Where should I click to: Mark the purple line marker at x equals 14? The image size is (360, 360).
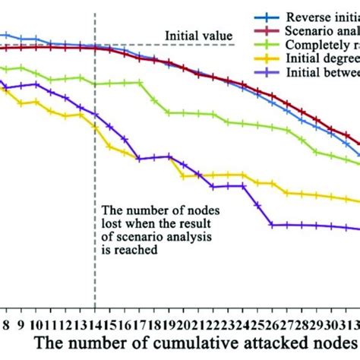(95, 115)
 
